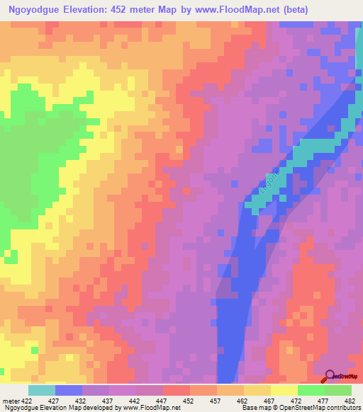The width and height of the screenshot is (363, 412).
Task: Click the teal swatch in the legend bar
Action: click(x=42, y=390)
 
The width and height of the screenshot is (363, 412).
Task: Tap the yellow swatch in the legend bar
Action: click(x=284, y=390)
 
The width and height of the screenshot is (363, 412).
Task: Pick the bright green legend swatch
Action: click(x=311, y=390)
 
